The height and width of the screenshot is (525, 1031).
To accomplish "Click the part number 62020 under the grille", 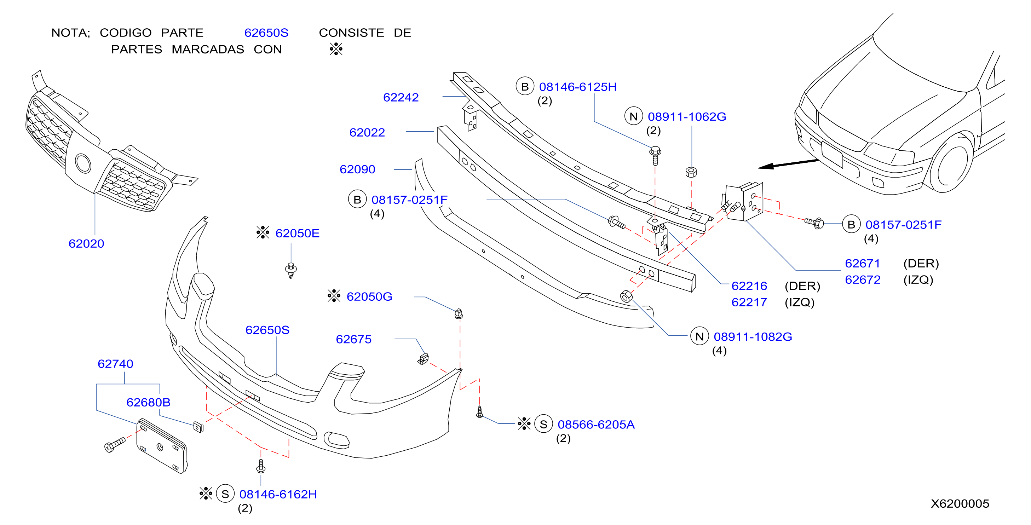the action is pyautogui.click(x=86, y=244).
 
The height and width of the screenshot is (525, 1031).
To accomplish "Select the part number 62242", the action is pyautogui.click(x=401, y=97).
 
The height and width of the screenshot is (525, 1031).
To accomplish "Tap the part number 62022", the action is pyautogui.click(x=367, y=132).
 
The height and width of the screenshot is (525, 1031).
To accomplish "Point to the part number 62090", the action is pyautogui.click(x=357, y=169).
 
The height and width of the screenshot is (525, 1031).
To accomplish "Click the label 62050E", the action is pyautogui.click(x=297, y=233).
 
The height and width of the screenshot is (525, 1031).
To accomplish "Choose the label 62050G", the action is pyautogui.click(x=369, y=296).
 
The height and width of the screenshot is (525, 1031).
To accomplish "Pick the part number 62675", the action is pyautogui.click(x=353, y=339).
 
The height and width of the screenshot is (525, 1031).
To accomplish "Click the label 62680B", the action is pyautogui.click(x=148, y=402).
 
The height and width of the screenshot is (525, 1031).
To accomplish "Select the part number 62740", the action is pyautogui.click(x=115, y=364).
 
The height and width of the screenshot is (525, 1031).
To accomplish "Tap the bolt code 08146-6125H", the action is pyautogui.click(x=577, y=87).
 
